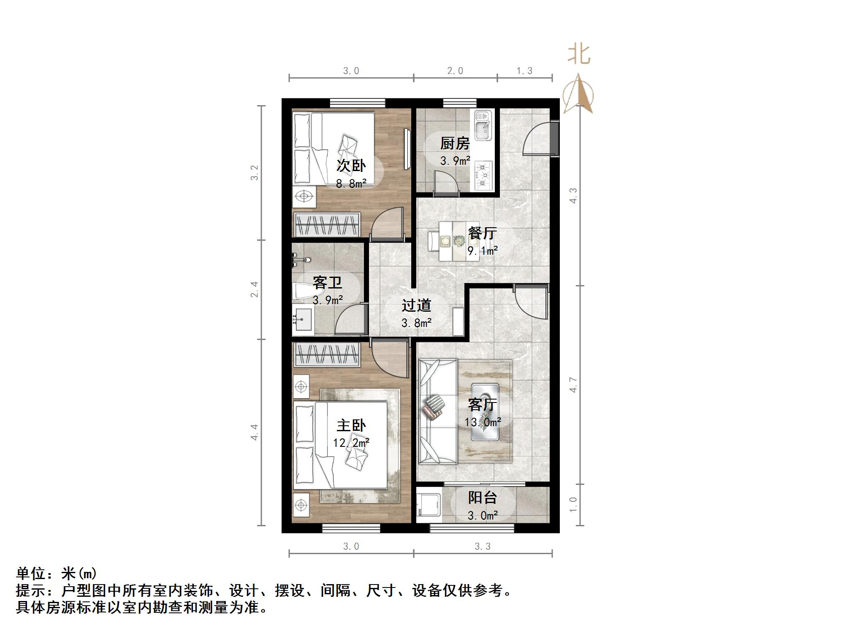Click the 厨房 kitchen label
point(455,144)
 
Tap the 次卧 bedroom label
point(351,166)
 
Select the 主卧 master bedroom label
point(351,425)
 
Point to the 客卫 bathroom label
point(327,282)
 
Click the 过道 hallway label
point(416,305)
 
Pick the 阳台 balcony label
point(482,498)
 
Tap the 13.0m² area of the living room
point(483,422)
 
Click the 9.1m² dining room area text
point(482,251)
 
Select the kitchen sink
point(483,125)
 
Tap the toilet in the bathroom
point(307,291)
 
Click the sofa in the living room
point(437,412)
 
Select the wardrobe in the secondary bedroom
point(327,224)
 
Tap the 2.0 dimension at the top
point(455,71)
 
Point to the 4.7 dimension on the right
point(573,384)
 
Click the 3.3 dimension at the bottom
point(483,547)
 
